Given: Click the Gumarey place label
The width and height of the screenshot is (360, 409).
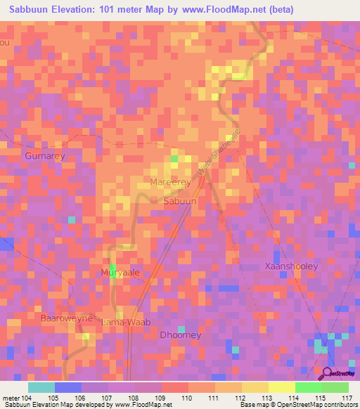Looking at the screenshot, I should (x=44, y=155).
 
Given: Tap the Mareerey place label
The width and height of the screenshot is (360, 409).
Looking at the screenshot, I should (x=171, y=183).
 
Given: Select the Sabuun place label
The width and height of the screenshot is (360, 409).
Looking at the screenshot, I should (x=179, y=201).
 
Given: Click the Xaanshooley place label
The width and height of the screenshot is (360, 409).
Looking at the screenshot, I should (x=291, y=266).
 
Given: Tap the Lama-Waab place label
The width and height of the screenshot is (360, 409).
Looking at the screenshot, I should (x=122, y=323).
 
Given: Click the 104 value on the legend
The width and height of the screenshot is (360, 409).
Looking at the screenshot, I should (x=27, y=398).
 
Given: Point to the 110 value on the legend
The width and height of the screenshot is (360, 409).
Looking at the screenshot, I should (x=187, y=398).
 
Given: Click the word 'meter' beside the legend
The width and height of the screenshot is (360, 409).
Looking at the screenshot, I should (x=11, y=398).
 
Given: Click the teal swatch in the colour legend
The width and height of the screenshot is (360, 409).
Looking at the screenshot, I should (x=41, y=387).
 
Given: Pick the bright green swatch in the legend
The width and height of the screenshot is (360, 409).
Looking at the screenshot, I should (x=308, y=387).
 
